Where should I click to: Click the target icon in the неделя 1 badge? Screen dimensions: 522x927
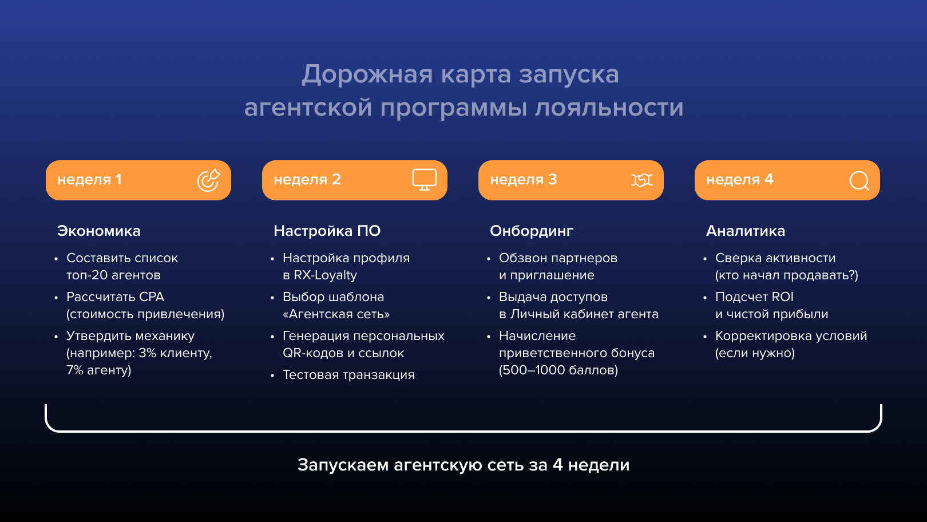coord(208,180)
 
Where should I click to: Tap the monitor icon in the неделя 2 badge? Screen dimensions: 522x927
coord(425,180)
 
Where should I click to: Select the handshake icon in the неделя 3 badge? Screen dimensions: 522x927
coord(641,180)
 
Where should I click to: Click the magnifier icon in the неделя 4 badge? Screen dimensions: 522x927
coord(859,181)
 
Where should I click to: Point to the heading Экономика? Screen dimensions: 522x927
coord(99,231)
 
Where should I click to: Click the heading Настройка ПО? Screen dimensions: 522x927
coord(327,231)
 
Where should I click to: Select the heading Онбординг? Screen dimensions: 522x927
coord(532,231)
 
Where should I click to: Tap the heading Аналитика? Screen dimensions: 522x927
coord(746,231)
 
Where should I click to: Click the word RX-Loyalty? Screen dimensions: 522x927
coord(325,275)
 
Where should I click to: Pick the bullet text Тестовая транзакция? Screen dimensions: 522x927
coord(348,375)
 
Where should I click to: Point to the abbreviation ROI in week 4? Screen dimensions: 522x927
coord(782,297)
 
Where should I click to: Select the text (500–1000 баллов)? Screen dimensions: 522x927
coord(558,370)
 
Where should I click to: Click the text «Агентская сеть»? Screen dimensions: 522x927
coord(336,314)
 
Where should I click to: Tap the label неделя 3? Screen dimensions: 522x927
coord(523,180)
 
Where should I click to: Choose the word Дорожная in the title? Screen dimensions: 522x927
coord(367,75)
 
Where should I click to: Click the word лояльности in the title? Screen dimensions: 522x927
coord(609,108)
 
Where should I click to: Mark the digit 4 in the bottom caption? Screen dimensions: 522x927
coord(557,465)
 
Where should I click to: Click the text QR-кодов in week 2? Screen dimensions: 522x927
coord(310,353)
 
